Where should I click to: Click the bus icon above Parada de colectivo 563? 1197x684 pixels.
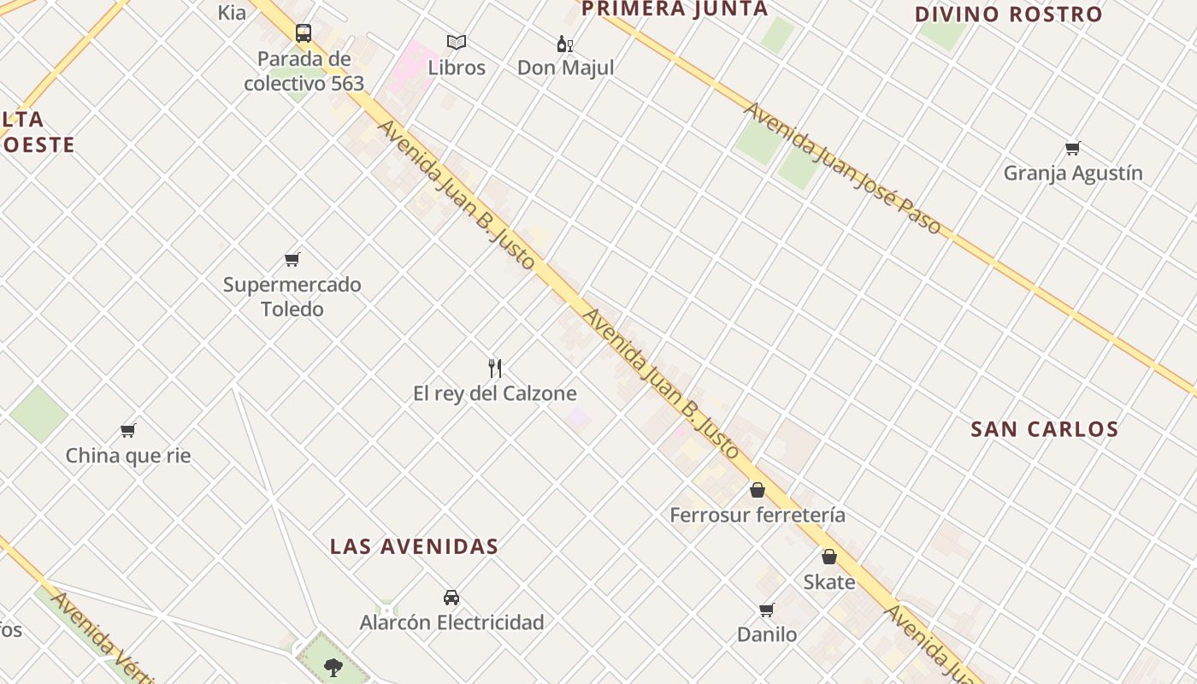coord(304,33)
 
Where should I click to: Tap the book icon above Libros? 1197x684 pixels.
coord(457,42)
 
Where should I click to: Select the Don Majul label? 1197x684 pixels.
coord(565,68)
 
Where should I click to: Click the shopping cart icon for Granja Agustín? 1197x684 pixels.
coord(1072,148)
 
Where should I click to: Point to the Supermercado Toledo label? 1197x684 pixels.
coord(292,297)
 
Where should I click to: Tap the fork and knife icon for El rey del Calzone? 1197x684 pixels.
coord(495,369)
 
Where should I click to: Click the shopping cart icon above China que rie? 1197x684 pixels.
coord(128,430)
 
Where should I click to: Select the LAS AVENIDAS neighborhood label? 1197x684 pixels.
coord(414,546)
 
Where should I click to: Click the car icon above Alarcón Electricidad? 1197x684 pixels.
coord(451,597)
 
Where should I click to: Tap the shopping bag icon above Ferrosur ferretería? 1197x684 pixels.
coord(757,490)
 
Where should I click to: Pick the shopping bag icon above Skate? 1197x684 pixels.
coord(828,557)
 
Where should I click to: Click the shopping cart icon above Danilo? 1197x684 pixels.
coord(766,610)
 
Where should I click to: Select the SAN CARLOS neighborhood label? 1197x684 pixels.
coord(1044,429)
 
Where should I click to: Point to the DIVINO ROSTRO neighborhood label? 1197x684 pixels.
coord(1008,15)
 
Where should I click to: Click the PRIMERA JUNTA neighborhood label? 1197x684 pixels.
coord(675,9)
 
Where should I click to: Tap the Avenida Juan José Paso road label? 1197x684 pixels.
coord(841,168)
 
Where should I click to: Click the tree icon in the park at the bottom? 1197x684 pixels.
coord(333,666)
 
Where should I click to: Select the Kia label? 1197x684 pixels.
coord(232,12)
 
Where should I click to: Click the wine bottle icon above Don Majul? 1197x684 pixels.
coord(564,44)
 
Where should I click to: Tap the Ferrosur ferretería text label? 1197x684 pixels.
coord(757,515)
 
